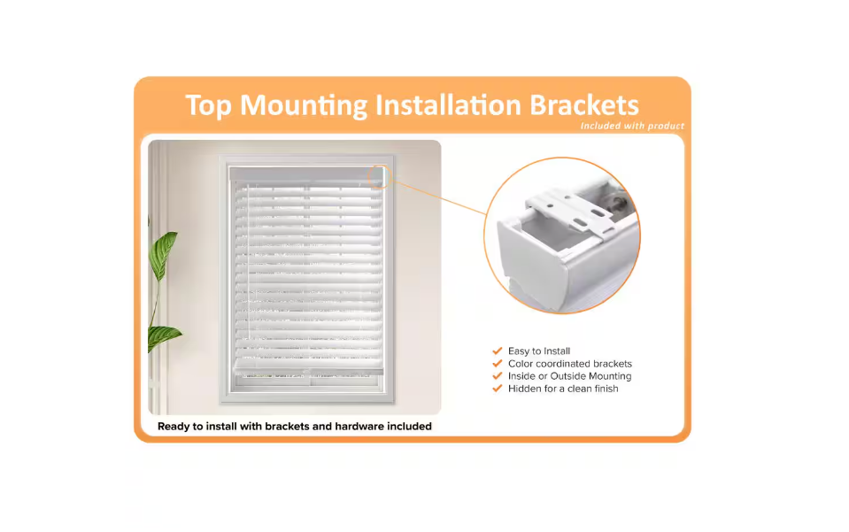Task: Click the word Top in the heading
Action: pos(208,106)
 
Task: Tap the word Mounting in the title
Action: pos(303,106)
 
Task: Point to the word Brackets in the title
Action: pos(584,105)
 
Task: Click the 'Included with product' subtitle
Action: pos(632,126)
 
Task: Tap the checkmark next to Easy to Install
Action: pos(497,351)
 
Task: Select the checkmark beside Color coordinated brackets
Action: pos(497,363)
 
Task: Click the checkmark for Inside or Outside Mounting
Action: pos(497,375)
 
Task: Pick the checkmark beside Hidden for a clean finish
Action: pos(497,388)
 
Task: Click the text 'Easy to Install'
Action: pos(539,351)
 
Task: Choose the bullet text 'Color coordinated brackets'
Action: pos(569,364)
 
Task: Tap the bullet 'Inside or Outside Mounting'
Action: pos(569,376)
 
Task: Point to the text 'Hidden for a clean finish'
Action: pos(563,389)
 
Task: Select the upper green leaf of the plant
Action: pos(163,254)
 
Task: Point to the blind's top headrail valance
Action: pos(306,173)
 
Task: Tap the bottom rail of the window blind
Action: pos(309,371)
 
